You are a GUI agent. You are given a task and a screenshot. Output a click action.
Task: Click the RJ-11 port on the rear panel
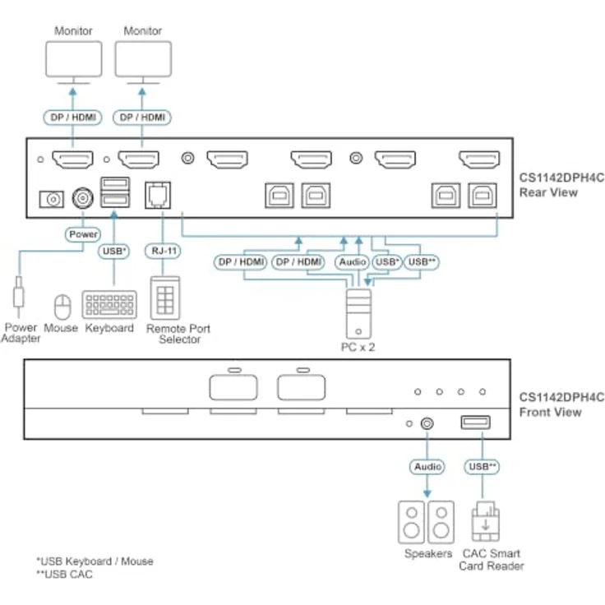pos(158,196)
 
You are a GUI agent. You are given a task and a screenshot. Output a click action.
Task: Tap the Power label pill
pos(83,234)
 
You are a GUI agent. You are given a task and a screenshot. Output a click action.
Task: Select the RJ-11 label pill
pos(164,251)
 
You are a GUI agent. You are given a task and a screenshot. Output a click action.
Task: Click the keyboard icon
pos(109,304)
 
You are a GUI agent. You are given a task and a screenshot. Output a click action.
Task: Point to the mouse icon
pos(62,306)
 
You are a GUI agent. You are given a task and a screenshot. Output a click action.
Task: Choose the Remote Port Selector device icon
pos(165,298)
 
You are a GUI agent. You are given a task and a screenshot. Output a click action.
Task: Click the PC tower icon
pos(359,314)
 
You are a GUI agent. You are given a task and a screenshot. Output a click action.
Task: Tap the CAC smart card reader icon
pos(485,522)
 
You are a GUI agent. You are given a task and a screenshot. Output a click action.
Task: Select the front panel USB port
pos(476,423)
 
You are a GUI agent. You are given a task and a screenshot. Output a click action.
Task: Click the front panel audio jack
pos(427,423)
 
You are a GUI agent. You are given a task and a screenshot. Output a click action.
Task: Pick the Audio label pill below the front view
pos(427,466)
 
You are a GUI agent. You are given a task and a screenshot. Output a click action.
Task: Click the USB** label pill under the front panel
pos(482,466)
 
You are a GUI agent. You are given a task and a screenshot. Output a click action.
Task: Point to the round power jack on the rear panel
pos(82,198)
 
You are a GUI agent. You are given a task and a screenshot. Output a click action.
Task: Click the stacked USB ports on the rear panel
pos(115,192)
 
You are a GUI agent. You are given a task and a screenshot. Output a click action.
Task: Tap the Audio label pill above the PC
pos(353,262)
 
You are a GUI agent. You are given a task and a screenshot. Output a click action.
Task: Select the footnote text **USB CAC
pos(64,574)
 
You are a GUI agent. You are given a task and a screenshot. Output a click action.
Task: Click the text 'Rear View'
pos(548,192)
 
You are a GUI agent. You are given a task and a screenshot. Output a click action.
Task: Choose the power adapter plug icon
pos(18,296)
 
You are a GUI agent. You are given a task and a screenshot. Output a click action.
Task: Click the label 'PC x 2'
pos(358,347)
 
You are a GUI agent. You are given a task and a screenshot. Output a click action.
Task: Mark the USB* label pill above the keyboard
pos(113,251)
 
